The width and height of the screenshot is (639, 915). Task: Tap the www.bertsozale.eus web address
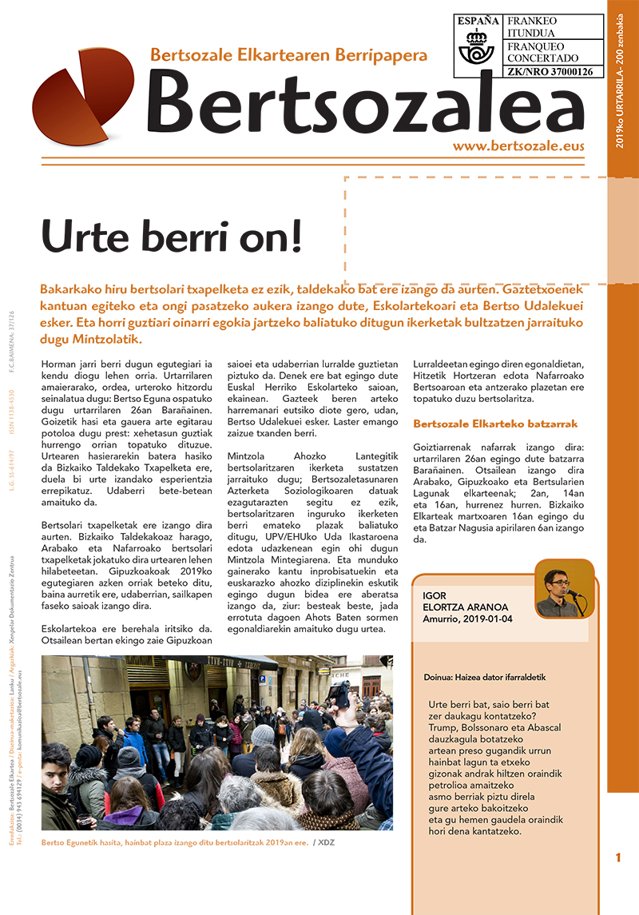(518, 146)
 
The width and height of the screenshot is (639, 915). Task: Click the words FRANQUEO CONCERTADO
(542, 52)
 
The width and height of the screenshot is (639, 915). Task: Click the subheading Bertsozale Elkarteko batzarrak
(495, 424)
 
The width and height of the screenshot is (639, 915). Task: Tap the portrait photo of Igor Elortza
(564, 589)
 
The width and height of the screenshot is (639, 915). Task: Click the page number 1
(618, 858)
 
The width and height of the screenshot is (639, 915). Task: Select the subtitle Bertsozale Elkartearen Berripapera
(289, 55)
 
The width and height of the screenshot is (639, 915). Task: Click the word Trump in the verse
(444, 728)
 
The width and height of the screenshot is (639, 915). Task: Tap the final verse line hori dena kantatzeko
(474, 831)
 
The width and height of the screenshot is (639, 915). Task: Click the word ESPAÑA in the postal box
(478, 20)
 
